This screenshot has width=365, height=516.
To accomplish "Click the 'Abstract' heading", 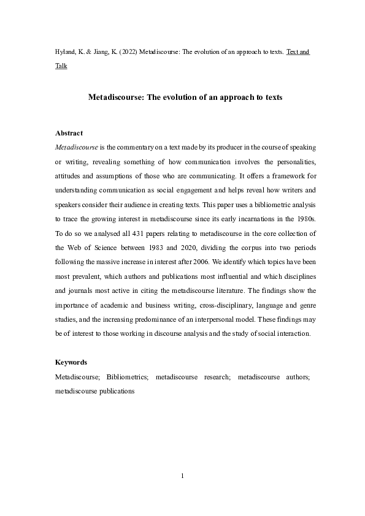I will click(69, 133).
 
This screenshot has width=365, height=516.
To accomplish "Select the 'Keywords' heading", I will click(71, 362).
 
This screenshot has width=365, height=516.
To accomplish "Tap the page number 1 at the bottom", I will click(182, 476).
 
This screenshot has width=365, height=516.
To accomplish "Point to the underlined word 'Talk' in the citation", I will click(61, 66).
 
